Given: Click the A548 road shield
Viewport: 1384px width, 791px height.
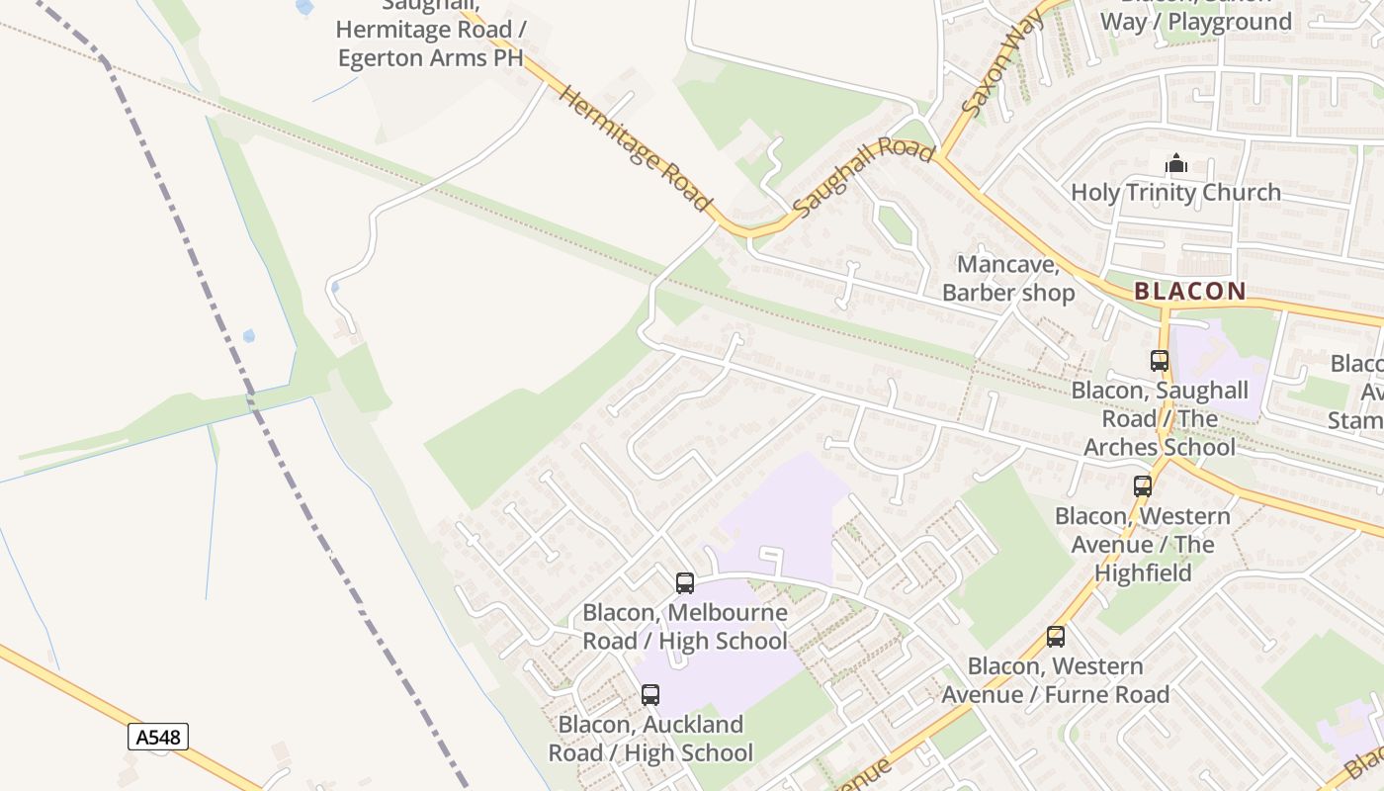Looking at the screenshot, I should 157,737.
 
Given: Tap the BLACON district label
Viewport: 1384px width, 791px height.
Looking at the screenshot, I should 1189,292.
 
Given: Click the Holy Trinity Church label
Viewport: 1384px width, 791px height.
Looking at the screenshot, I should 1175,192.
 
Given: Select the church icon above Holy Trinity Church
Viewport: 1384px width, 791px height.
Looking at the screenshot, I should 1176,163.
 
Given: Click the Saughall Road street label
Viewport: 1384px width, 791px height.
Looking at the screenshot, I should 863,177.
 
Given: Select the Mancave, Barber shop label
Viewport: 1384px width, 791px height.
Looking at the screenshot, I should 1008,279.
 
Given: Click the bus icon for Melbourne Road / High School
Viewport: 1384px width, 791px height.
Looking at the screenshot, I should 685,583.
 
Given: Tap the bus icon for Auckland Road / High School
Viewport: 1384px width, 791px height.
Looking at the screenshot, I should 650,695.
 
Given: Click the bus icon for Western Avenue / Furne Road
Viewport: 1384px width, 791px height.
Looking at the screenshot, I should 1056,637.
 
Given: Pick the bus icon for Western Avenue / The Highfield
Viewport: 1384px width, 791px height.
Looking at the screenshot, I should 1143,485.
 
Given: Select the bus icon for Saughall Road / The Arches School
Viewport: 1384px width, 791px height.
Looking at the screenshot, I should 1160,361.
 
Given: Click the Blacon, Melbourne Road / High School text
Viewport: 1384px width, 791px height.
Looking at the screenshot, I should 685,627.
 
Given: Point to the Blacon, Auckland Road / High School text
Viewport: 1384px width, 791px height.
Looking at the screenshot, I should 650,739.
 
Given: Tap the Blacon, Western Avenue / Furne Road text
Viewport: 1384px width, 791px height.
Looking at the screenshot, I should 1055,680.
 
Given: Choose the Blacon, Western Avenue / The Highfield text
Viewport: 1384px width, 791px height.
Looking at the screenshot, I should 1143,544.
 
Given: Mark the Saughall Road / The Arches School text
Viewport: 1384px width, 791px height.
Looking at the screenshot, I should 1160,418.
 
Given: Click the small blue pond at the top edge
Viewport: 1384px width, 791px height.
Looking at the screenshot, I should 304,6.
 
